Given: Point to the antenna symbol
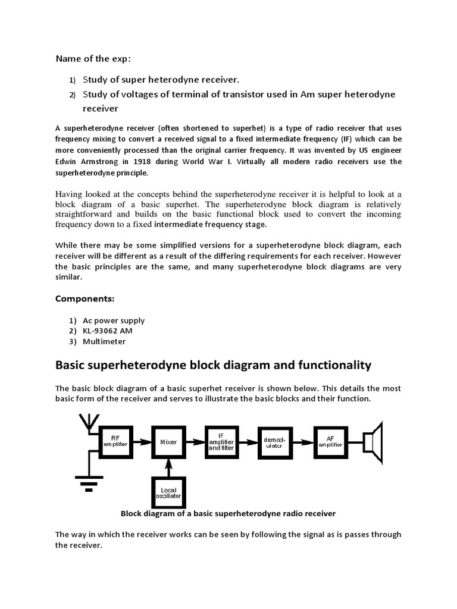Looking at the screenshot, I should click(86, 424).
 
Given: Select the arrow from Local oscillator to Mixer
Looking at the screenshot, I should click(168, 468).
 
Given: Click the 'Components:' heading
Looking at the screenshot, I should click(84, 298).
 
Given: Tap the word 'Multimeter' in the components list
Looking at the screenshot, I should click(105, 341).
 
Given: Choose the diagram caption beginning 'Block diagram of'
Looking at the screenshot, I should click(228, 513).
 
